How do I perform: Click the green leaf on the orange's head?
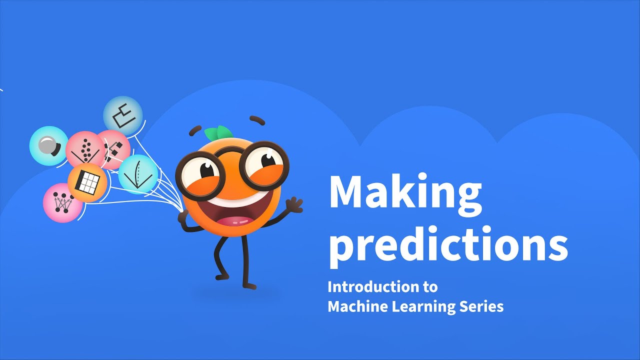(218, 132)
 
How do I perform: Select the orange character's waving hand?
(293, 205)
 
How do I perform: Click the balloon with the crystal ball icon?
(48, 145)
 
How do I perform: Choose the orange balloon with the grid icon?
(87, 182)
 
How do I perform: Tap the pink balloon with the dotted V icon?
(85, 149)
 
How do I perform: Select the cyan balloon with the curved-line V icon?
(138, 174)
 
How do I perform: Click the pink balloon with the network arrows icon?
(62, 202)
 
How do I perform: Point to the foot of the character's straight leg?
(248, 285)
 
